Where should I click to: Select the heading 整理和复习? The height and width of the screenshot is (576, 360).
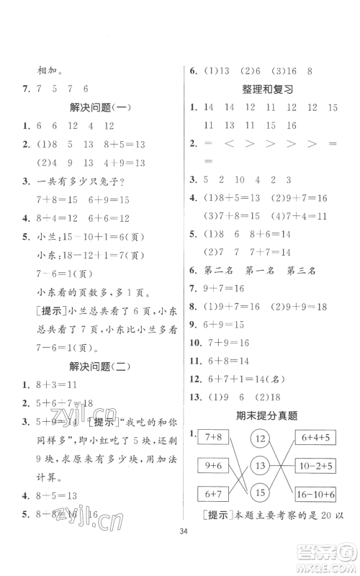point(268,89)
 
